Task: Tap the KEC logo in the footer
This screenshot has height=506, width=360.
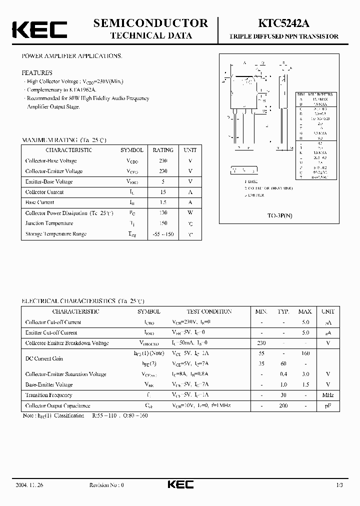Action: pos(180,484)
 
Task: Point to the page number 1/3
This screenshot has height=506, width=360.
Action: pos(339,485)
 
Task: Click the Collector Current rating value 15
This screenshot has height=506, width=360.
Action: pos(163,192)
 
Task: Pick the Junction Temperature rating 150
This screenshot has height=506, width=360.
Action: pos(163,223)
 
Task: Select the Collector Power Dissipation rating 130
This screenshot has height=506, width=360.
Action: pos(163,213)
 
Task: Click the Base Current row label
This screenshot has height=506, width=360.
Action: pos(39,202)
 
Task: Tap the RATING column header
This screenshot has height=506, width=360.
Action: pos(163,150)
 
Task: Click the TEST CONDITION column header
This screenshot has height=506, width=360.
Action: pos(209,311)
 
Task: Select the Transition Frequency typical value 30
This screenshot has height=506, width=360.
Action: pos(283,395)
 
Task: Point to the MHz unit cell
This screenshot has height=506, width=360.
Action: pos(328,395)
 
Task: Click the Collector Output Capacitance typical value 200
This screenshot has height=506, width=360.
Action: pos(283,405)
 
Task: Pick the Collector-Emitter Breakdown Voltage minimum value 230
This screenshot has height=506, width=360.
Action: pos(261,343)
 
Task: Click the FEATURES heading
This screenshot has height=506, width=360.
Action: pos(37,72)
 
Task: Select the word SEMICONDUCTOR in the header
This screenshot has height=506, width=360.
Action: pos(150,23)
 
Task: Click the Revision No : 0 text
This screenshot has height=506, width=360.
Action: pos(106,485)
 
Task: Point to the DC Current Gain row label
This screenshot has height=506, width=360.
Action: pos(44,358)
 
